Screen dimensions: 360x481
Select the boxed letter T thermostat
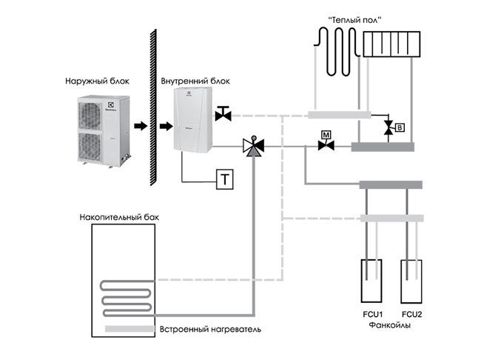(x=223, y=179)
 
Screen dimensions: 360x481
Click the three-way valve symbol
(x=253, y=148)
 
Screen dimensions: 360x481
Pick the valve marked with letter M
(x=324, y=144)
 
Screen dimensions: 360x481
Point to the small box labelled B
(x=400, y=128)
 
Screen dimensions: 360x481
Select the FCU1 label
(x=371, y=314)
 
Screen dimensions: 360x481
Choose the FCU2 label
(x=411, y=314)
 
